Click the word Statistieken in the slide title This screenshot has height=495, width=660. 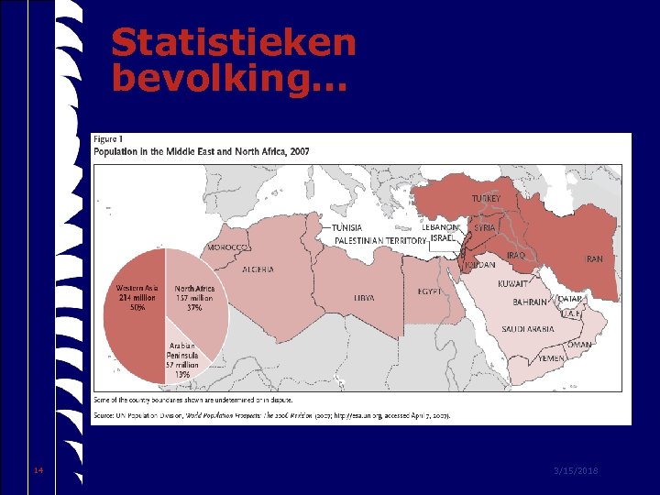233,42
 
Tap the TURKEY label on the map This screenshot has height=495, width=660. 486,198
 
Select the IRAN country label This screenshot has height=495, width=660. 594,259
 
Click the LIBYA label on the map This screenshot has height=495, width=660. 364,298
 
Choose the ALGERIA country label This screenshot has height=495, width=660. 258,269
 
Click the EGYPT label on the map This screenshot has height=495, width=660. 429,291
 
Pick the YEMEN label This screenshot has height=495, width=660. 551,359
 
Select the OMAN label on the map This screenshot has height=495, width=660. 579,345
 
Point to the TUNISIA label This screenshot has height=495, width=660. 346,227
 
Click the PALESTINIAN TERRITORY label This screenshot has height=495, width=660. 380,239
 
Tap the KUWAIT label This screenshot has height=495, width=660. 513,284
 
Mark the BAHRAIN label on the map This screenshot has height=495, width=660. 530,302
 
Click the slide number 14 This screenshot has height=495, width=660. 38,470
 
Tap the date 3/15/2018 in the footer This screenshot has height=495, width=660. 576,470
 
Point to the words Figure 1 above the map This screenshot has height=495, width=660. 108,139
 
